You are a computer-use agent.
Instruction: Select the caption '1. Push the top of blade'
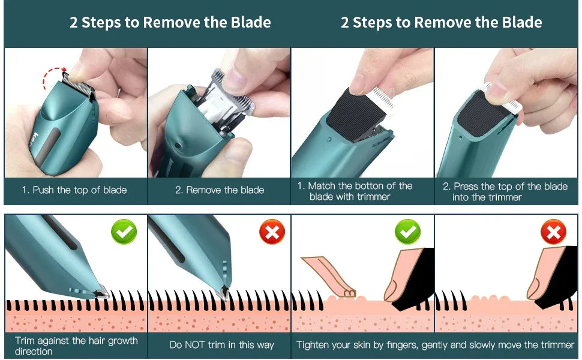click(x=74, y=190)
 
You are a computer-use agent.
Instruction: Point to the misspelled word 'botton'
click(x=374, y=186)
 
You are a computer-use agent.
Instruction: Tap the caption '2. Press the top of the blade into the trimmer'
click(x=505, y=191)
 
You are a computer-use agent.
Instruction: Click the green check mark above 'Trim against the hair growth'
click(x=124, y=232)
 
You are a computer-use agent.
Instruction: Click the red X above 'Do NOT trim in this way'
click(x=272, y=232)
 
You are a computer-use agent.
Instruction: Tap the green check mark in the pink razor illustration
click(x=407, y=232)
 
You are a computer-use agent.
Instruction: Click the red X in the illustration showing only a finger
click(x=553, y=232)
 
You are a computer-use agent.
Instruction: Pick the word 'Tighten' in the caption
click(x=314, y=345)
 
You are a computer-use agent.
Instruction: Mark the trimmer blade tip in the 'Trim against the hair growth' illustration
click(x=101, y=292)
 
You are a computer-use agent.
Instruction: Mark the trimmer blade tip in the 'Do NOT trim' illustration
click(x=225, y=292)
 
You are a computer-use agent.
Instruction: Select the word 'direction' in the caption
click(x=34, y=352)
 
